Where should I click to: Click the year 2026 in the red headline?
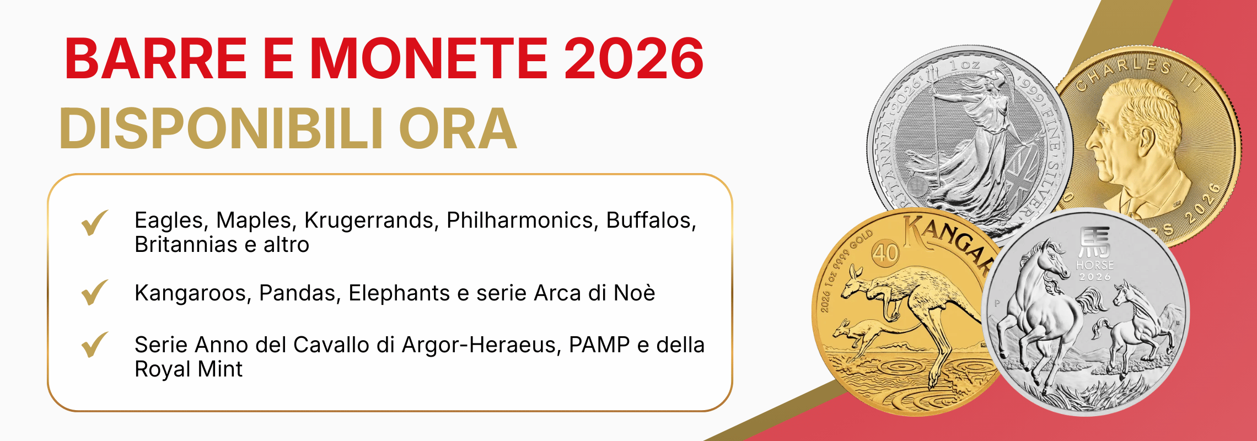pos(633,58)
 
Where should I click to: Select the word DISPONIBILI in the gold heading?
pos(221,129)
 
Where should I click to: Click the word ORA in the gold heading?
pos(458,129)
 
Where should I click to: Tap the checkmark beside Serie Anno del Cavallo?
pos(94,345)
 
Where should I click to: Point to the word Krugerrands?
pos(372,220)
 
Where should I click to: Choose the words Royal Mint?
pos(189,369)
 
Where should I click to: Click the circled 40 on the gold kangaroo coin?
pos(885,254)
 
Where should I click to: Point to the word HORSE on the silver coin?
pos(1094,265)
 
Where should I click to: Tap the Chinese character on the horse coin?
pos(1094,243)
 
